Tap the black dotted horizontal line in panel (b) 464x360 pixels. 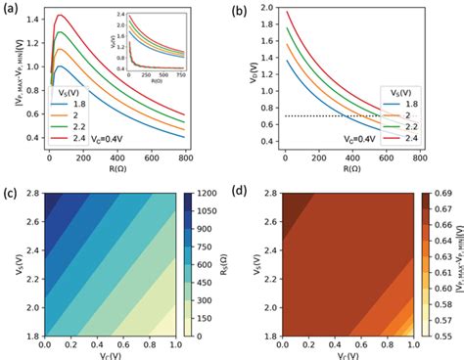333,116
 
